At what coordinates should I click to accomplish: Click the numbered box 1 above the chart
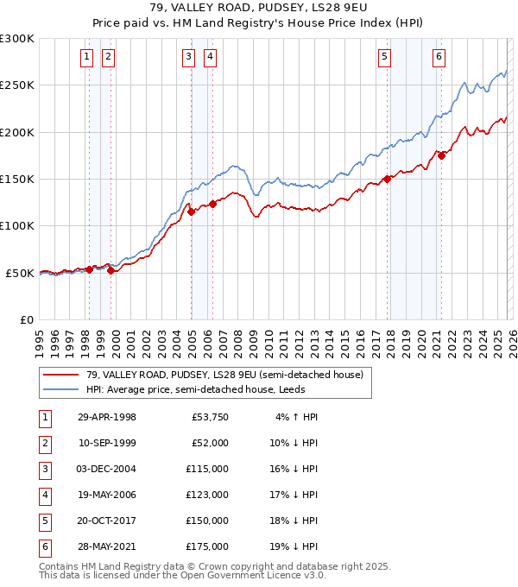pyautogui.click(x=88, y=58)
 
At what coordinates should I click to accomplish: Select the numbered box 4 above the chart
pyautogui.click(x=210, y=58)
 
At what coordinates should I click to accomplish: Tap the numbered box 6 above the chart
pyautogui.click(x=439, y=58)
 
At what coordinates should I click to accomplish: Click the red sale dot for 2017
pyautogui.click(x=388, y=179)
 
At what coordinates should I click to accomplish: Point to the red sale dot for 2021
pyautogui.click(x=441, y=155)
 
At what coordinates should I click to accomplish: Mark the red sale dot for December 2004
pyautogui.click(x=191, y=211)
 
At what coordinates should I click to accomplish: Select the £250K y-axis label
pyautogui.click(x=17, y=85)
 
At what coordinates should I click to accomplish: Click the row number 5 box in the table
pyautogui.click(x=43, y=521)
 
